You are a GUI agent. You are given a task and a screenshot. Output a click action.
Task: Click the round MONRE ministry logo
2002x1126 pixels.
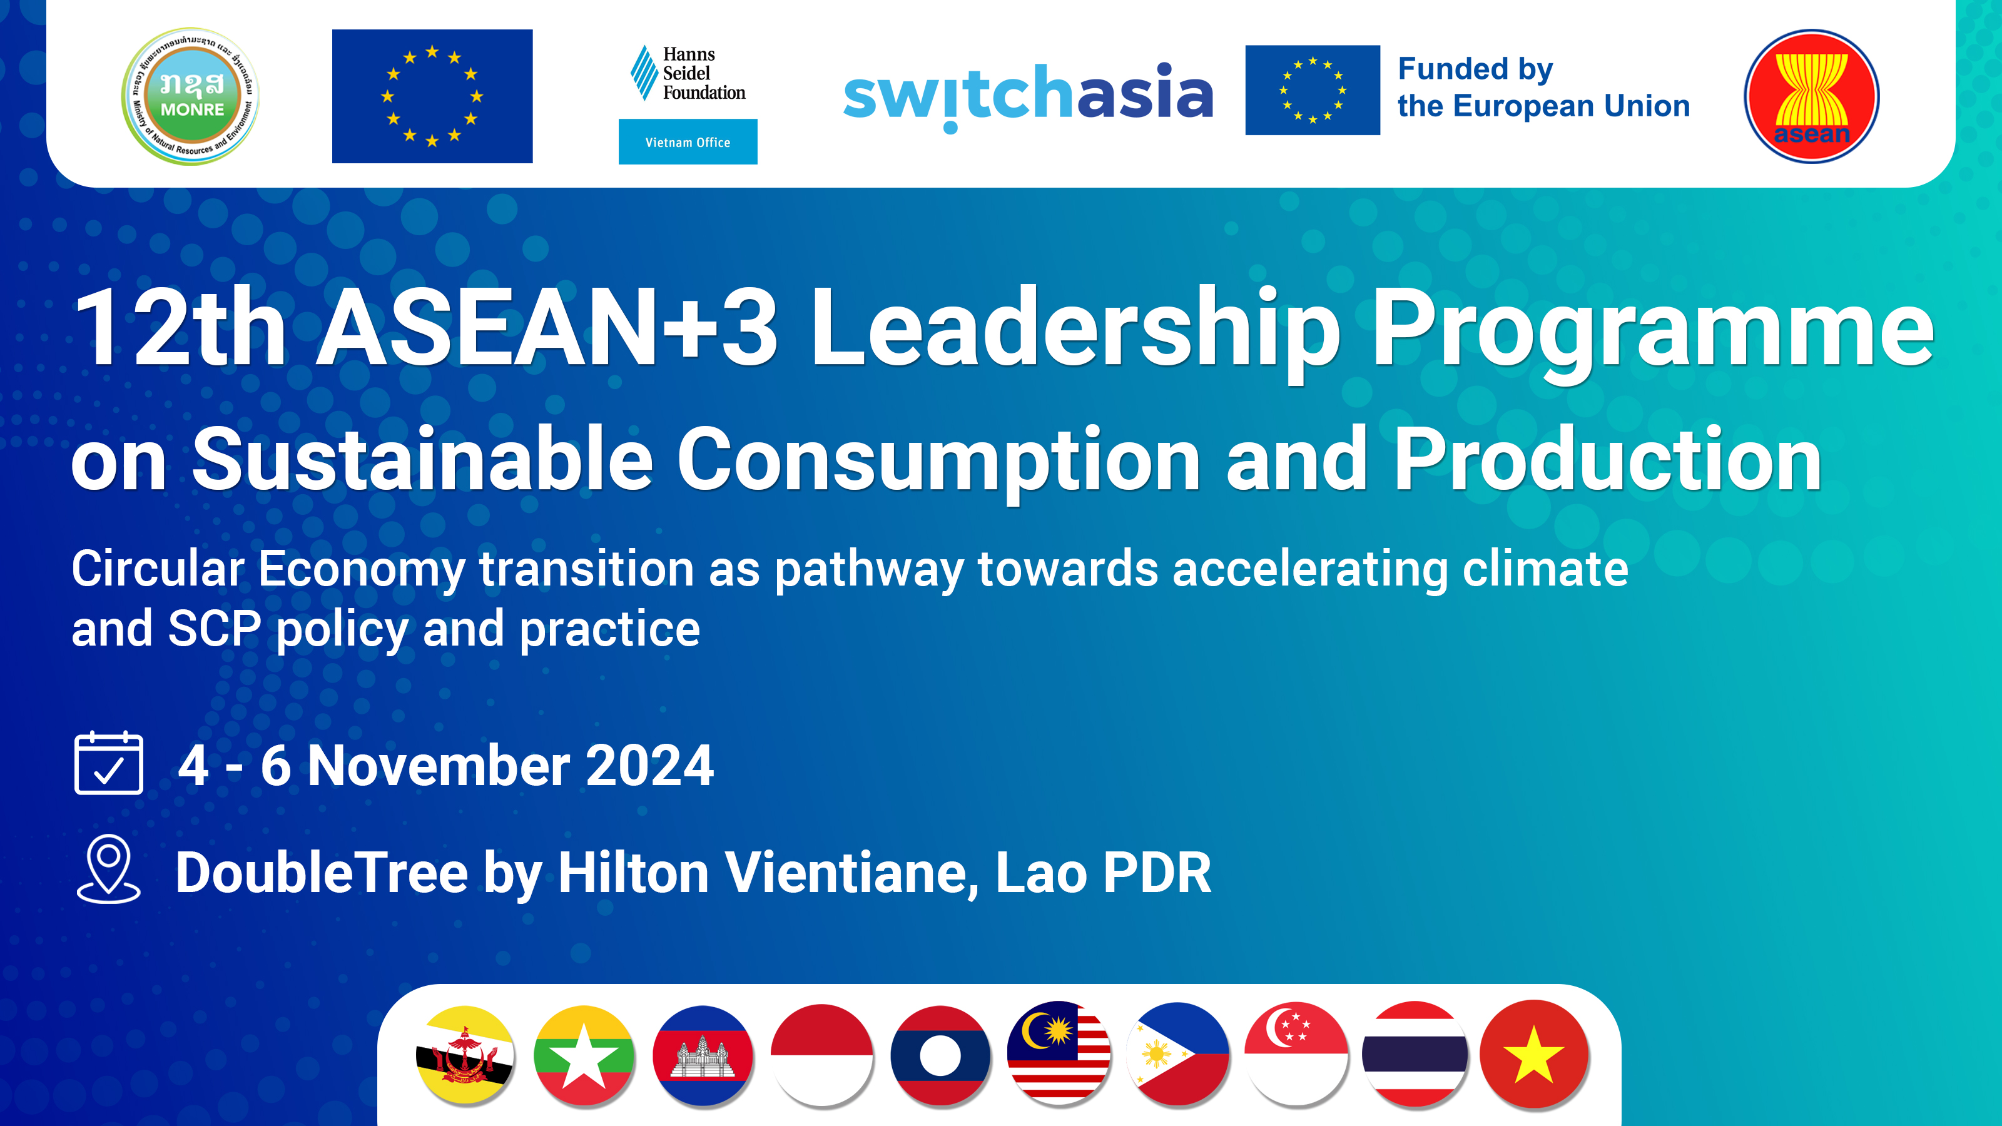190,96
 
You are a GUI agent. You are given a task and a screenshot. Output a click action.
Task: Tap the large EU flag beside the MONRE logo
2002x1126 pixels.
432,96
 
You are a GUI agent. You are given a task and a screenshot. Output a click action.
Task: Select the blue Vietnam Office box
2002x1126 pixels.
688,141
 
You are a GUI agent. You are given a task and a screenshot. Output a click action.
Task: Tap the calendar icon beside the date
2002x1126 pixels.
109,763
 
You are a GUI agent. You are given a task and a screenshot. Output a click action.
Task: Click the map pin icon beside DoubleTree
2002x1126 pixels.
109,868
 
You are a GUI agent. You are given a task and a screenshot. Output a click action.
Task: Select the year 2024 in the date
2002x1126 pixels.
650,766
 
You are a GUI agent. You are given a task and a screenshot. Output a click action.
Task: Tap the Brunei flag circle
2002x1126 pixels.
465,1055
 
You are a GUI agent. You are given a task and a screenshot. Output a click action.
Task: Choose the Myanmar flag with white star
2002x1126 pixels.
584,1055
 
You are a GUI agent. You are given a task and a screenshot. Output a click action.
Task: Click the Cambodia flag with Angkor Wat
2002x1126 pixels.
703,1055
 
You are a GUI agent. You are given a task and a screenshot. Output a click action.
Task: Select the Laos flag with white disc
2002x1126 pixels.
940,1055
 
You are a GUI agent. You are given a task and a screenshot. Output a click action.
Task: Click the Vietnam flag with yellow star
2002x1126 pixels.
1533,1055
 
